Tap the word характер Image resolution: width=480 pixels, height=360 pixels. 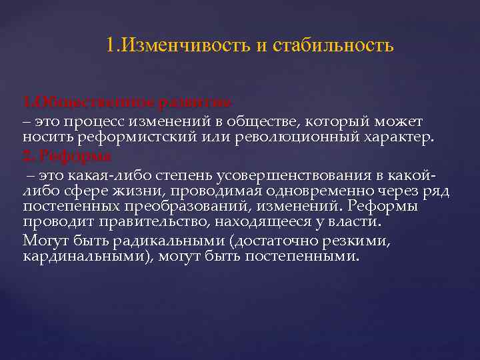pos(396,138)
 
